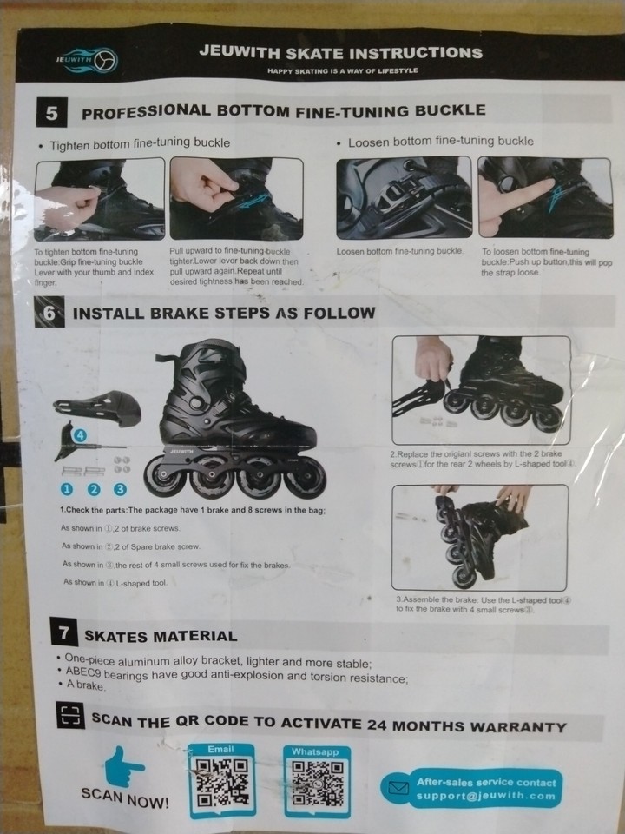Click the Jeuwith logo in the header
click(83, 61)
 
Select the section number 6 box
click(49, 313)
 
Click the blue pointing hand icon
click(124, 765)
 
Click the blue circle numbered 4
click(80, 434)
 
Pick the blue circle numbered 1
click(67, 489)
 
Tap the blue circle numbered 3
click(121, 489)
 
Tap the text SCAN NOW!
click(125, 798)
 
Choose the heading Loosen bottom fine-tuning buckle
click(440, 141)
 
